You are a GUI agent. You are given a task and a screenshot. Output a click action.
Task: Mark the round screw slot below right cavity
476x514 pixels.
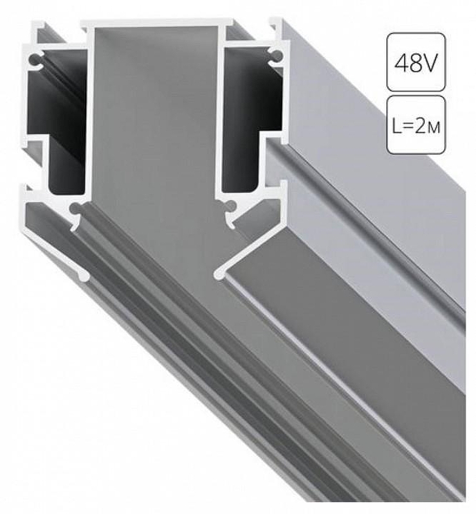(230, 207)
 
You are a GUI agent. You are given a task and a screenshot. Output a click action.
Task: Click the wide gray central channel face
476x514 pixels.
(154, 128)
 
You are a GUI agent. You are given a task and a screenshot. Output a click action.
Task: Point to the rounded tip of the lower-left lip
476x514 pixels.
(84, 276)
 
